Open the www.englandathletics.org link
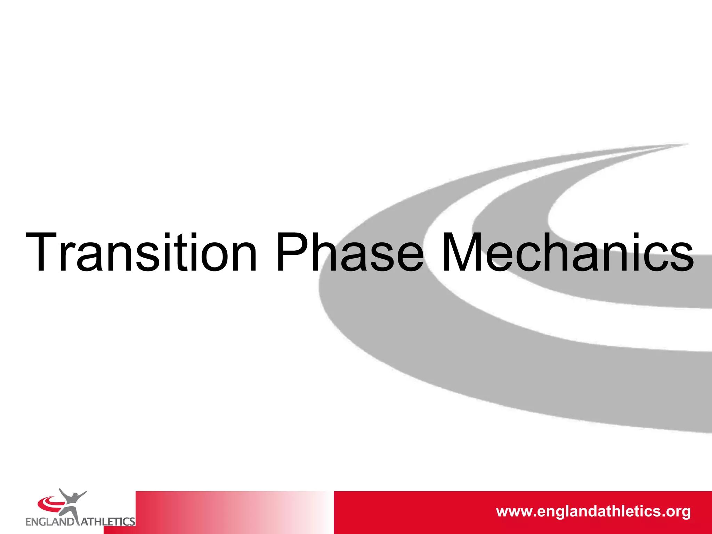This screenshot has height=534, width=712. click(x=593, y=511)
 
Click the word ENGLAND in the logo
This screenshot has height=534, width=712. click(x=49, y=522)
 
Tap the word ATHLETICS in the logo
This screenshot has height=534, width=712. click(x=108, y=522)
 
